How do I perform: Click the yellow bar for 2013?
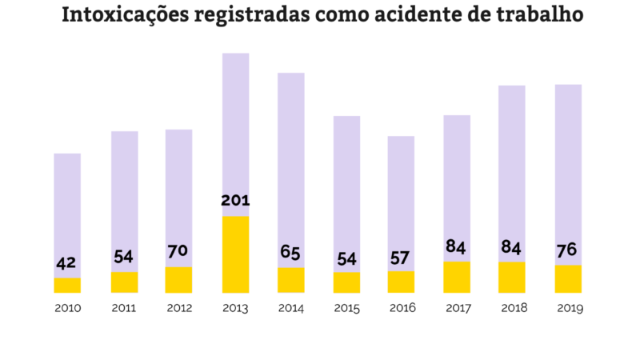point(235,254)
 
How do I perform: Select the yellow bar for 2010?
point(67,285)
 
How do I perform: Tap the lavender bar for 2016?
point(401,184)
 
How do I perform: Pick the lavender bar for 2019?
point(568,160)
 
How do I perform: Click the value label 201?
point(235,200)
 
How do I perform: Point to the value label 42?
point(67,263)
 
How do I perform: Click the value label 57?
point(401,257)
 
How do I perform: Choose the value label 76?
point(568,250)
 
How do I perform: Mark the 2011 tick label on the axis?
point(123,308)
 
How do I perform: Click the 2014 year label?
point(290,308)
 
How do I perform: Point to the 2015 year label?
point(346,308)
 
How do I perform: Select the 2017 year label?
point(457,308)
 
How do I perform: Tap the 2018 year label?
point(512,308)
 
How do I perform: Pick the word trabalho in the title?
point(535,16)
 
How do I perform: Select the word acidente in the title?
point(403,16)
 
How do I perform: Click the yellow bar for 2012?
point(178,279)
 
